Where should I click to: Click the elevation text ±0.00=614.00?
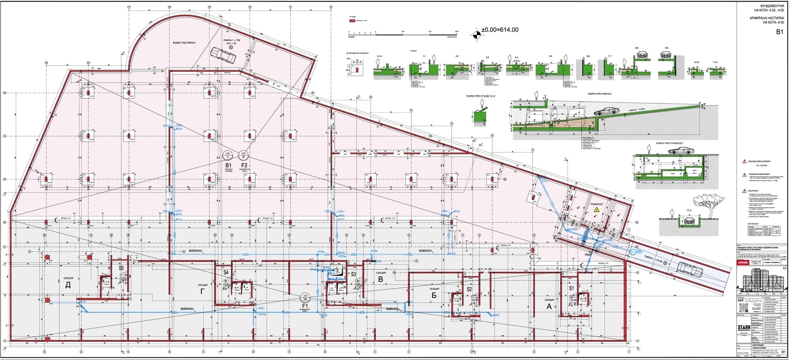click(500, 30)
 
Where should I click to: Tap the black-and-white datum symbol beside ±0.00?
click(477, 35)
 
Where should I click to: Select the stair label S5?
click(121, 268)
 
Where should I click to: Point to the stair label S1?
click(571, 288)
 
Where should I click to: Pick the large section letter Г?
click(203, 291)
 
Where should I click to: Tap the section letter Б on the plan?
click(434, 295)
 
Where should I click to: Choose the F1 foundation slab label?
click(305, 305)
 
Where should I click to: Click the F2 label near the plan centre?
click(244, 165)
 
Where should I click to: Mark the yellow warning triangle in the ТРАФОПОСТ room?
click(597, 209)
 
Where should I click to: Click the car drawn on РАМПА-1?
click(223, 54)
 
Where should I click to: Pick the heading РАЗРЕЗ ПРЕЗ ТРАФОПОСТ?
click(671, 143)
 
